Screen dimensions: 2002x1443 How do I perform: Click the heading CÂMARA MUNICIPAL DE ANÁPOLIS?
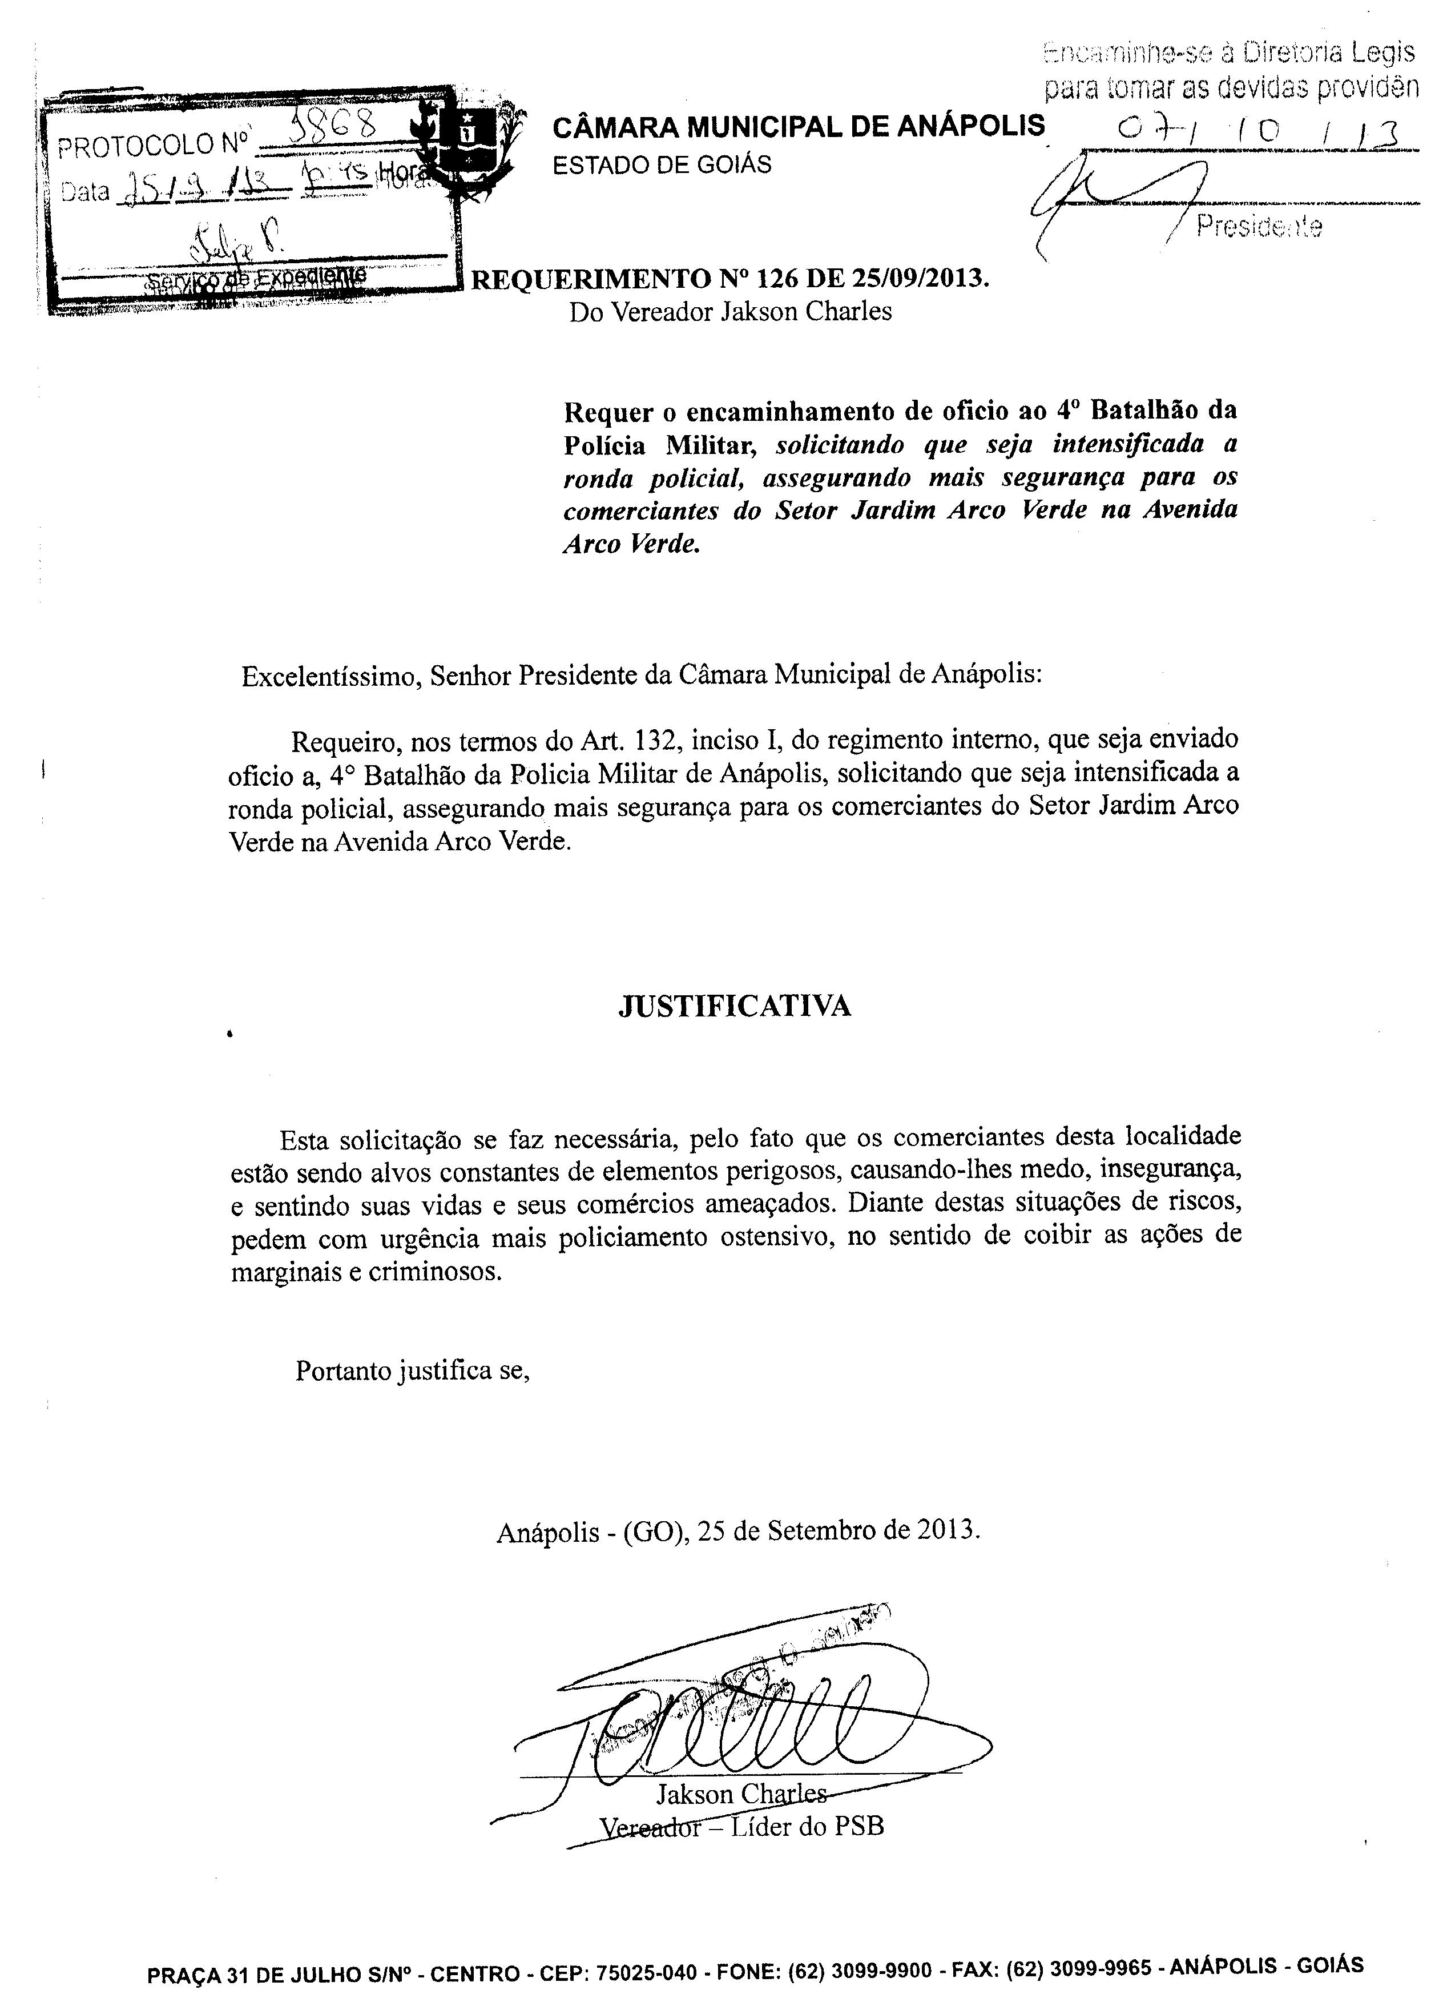point(798,127)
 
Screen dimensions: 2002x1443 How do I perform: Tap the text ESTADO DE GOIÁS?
point(662,165)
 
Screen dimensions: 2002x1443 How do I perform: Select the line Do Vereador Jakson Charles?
point(730,312)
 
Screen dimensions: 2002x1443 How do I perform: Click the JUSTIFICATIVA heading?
point(734,1006)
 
